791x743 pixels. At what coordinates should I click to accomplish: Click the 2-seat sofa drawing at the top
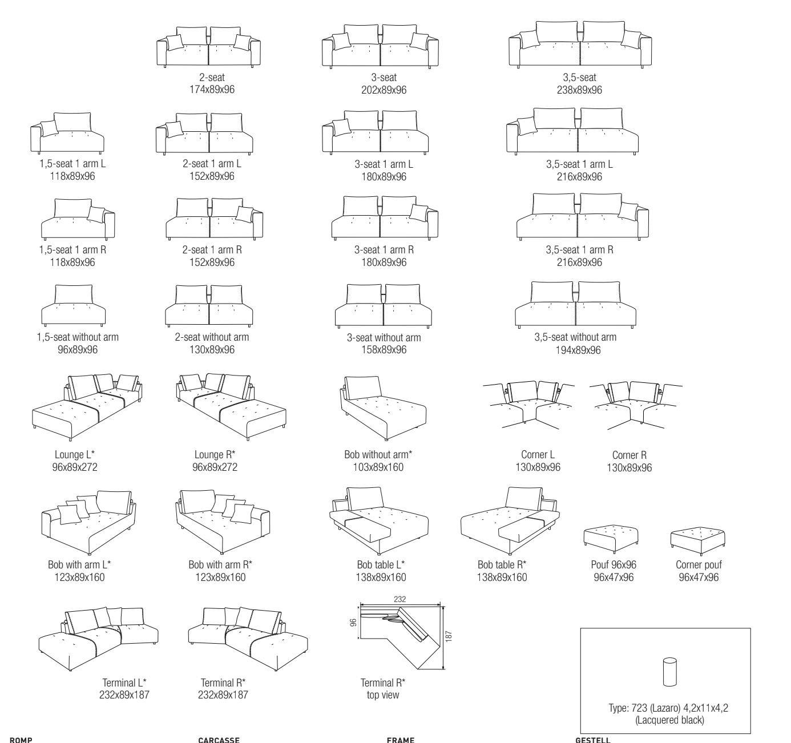(x=208, y=47)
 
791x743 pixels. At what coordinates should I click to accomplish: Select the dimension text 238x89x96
(x=579, y=90)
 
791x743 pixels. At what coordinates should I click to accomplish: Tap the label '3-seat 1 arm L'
(x=384, y=164)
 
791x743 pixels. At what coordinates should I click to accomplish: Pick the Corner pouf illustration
(x=697, y=539)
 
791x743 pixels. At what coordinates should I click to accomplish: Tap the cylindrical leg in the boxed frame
(x=669, y=672)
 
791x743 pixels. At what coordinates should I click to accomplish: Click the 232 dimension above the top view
(x=400, y=599)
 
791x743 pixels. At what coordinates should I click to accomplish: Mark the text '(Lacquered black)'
(x=669, y=720)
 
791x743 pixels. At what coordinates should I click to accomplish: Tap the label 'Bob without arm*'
(x=378, y=455)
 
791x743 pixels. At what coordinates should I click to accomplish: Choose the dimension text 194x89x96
(x=578, y=350)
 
